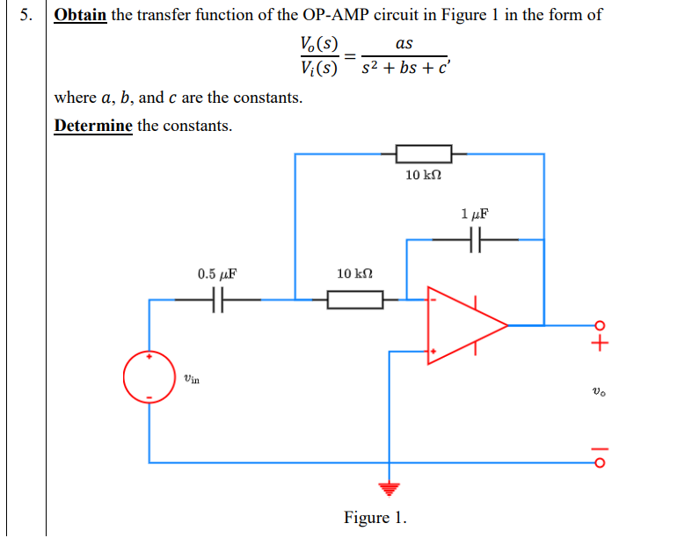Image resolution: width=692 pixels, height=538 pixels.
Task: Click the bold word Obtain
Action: [x=80, y=16]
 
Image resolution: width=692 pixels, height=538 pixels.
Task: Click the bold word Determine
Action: [x=93, y=126]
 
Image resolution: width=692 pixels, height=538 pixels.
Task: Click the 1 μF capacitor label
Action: [x=474, y=214]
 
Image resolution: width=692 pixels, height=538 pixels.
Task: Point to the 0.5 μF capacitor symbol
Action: [x=216, y=300]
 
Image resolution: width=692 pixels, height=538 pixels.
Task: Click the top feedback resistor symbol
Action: [x=424, y=154]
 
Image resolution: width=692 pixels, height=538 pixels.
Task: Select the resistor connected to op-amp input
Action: [x=355, y=301]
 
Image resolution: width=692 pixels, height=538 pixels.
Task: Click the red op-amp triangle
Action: [x=464, y=324]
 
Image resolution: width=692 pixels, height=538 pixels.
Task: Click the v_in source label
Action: [x=192, y=379]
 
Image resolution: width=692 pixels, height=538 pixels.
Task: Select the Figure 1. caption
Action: [x=375, y=517]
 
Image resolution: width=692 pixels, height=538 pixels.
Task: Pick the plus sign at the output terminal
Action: [x=600, y=344]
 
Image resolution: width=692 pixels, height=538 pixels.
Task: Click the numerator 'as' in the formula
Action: [x=404, y=43]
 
